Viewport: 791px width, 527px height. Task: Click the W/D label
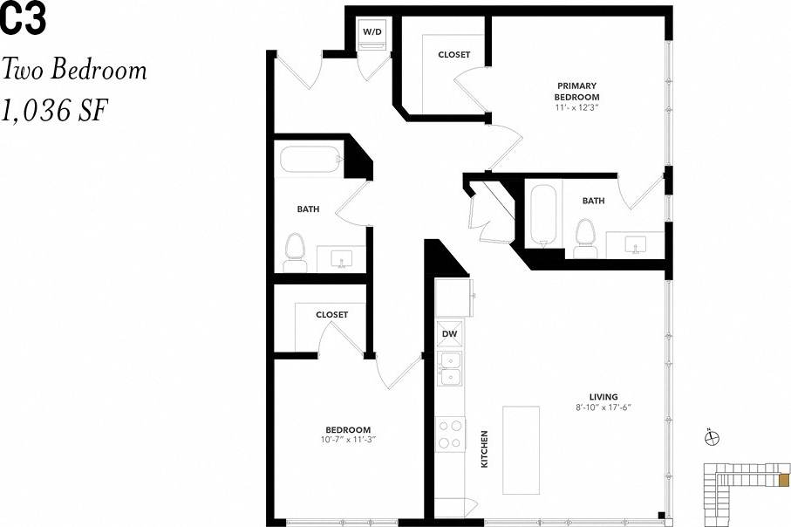(x=372, y=31)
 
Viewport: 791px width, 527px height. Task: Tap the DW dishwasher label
(x=449, y=334)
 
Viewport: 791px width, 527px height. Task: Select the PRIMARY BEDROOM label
(x=577, y=91)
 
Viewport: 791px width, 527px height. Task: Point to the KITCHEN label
(x=485, y=449)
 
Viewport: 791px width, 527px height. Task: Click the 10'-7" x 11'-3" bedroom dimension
(x=348, y=440)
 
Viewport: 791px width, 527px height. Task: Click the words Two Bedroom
(x=74, y=70)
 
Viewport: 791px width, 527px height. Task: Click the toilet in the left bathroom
(x=294, y=248)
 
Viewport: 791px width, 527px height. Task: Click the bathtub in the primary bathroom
(x=542, y=214)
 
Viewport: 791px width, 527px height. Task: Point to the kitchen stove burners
(x=450, y=434)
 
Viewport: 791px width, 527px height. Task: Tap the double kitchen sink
(x=449, y=368)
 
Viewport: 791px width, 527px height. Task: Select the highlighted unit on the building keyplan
(x=783, y=480)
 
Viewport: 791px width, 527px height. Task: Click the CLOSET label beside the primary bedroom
(x=453, y=55)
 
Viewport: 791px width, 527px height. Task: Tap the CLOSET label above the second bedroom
(x=331, y=315)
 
